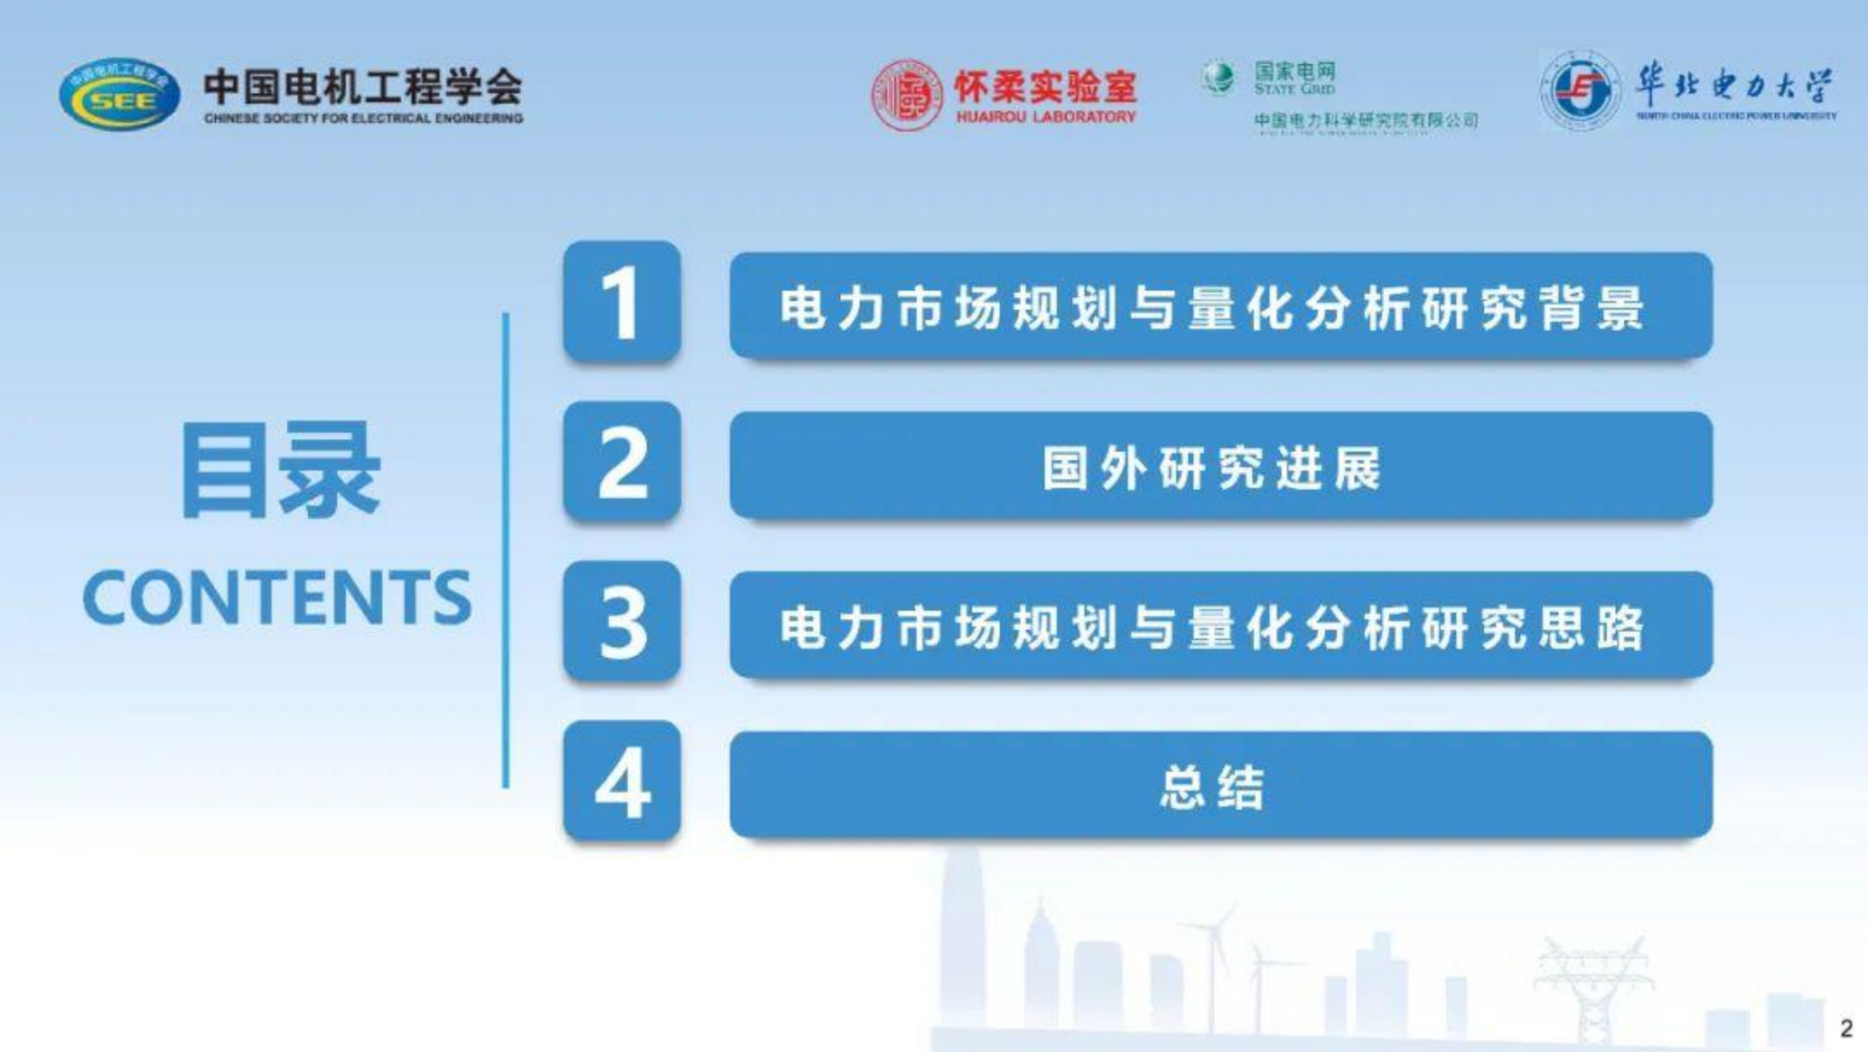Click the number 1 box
point(622,302)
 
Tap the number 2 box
point(622,461)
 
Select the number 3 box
point(622,621)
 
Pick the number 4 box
point(622,781)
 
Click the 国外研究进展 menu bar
point(1221,466)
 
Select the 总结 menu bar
point(1221,785)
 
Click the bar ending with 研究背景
point(1221,306)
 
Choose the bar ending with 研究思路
point(1221,626)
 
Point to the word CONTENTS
point(277,598)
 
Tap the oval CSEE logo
point(120,96)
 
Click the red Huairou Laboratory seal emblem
point(908,96)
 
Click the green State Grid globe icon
point(1218,78)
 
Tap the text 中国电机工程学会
point(363,86)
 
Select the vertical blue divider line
point(505,550)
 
